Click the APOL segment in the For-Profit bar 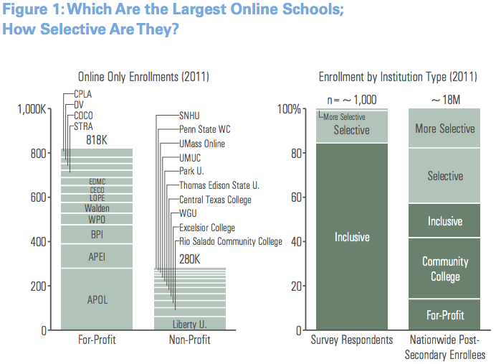(97, 299)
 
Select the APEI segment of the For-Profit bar (97, 256)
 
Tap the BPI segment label (97, 234)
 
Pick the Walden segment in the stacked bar (97, 208)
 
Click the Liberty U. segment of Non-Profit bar (189, 324)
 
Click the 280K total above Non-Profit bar (189, 258)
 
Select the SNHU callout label (191, 115)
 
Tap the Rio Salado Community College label (231, 241)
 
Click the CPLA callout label (83, 93)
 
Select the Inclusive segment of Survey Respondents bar (352, 236)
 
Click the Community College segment (445, 269)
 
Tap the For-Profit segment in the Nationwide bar (445, 314)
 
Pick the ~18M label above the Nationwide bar (445, 99)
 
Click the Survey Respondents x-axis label (351, 340)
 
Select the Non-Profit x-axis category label (189, 340)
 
